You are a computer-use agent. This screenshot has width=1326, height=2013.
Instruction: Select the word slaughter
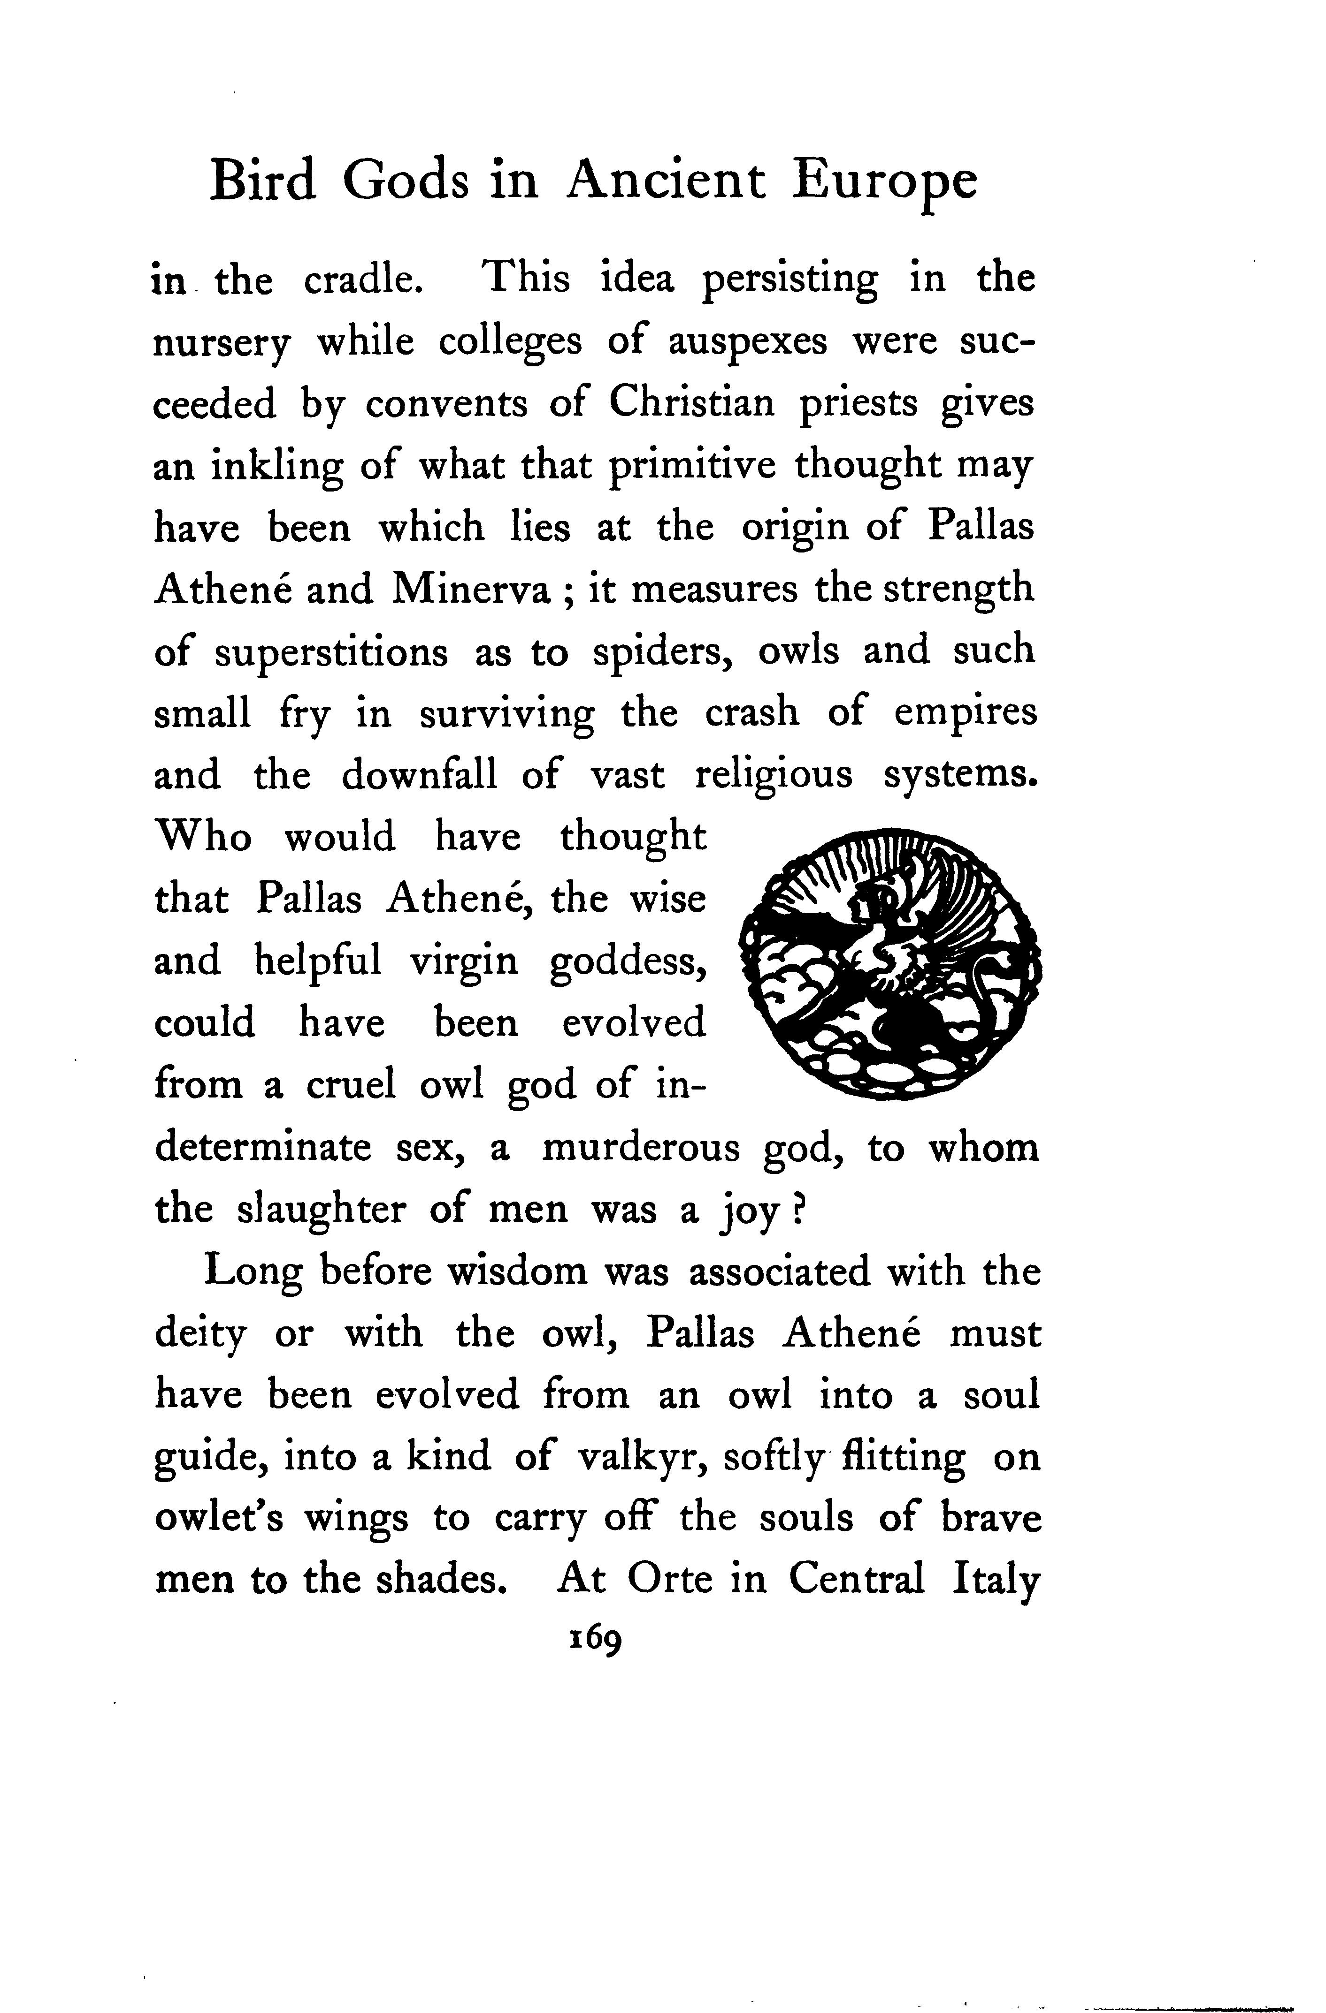click(319, 1211)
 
